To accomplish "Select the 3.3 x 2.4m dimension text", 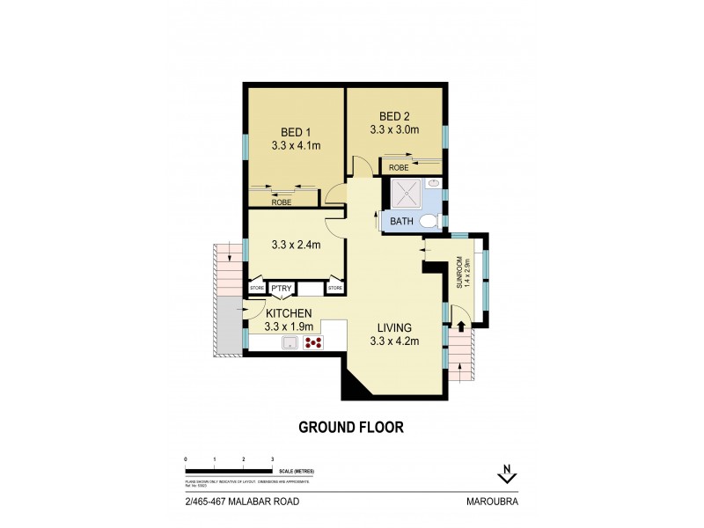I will [295, 245].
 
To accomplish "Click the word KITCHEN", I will [289, 313].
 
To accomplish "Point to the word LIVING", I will [393, 327].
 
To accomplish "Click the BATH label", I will [400, 221].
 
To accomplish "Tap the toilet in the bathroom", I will [429, 220].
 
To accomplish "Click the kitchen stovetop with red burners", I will [312, 344].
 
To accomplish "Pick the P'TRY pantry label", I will [282, 288].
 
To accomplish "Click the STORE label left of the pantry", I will [257, 288].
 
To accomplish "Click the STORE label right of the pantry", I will [334, 288].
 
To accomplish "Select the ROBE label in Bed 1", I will [281, 202].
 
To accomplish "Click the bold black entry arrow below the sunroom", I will [462, 327].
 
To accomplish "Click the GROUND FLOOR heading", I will [351, 428].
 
